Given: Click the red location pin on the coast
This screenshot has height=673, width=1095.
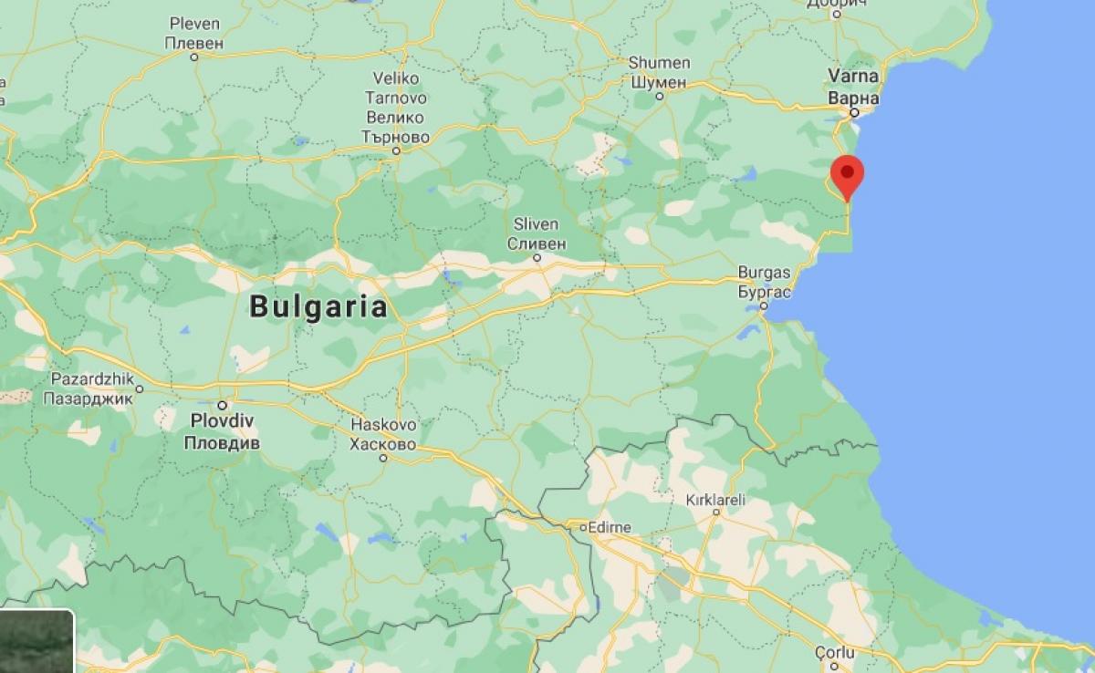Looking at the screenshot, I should point(849,173).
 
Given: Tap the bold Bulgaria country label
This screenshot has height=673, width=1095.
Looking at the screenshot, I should point(318,306).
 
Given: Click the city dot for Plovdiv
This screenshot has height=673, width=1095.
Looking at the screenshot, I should point(222,404).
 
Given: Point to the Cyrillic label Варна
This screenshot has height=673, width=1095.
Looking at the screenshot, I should point(853,98).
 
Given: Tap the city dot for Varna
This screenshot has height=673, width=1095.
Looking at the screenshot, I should point(854,113).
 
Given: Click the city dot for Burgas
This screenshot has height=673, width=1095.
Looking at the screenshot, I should point(764,305).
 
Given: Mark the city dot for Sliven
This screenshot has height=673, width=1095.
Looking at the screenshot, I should point(538,258).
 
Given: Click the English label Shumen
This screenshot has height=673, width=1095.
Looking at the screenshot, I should point(659,63).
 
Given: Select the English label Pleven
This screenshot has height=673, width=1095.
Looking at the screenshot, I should point(194,24).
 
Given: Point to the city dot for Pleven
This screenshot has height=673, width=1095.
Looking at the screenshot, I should point(194,57).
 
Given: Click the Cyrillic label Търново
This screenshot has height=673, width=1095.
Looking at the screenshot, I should point(396,136).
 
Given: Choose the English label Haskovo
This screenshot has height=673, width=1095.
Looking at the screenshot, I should point(383,425).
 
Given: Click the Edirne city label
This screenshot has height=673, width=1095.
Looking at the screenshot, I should point(612,527).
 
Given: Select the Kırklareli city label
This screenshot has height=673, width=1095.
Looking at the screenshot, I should point(715,500).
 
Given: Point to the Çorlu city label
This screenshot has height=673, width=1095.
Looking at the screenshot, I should point(835,652).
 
